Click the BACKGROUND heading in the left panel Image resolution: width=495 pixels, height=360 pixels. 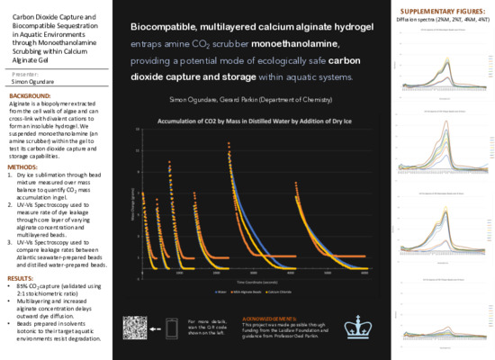point(30,94)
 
